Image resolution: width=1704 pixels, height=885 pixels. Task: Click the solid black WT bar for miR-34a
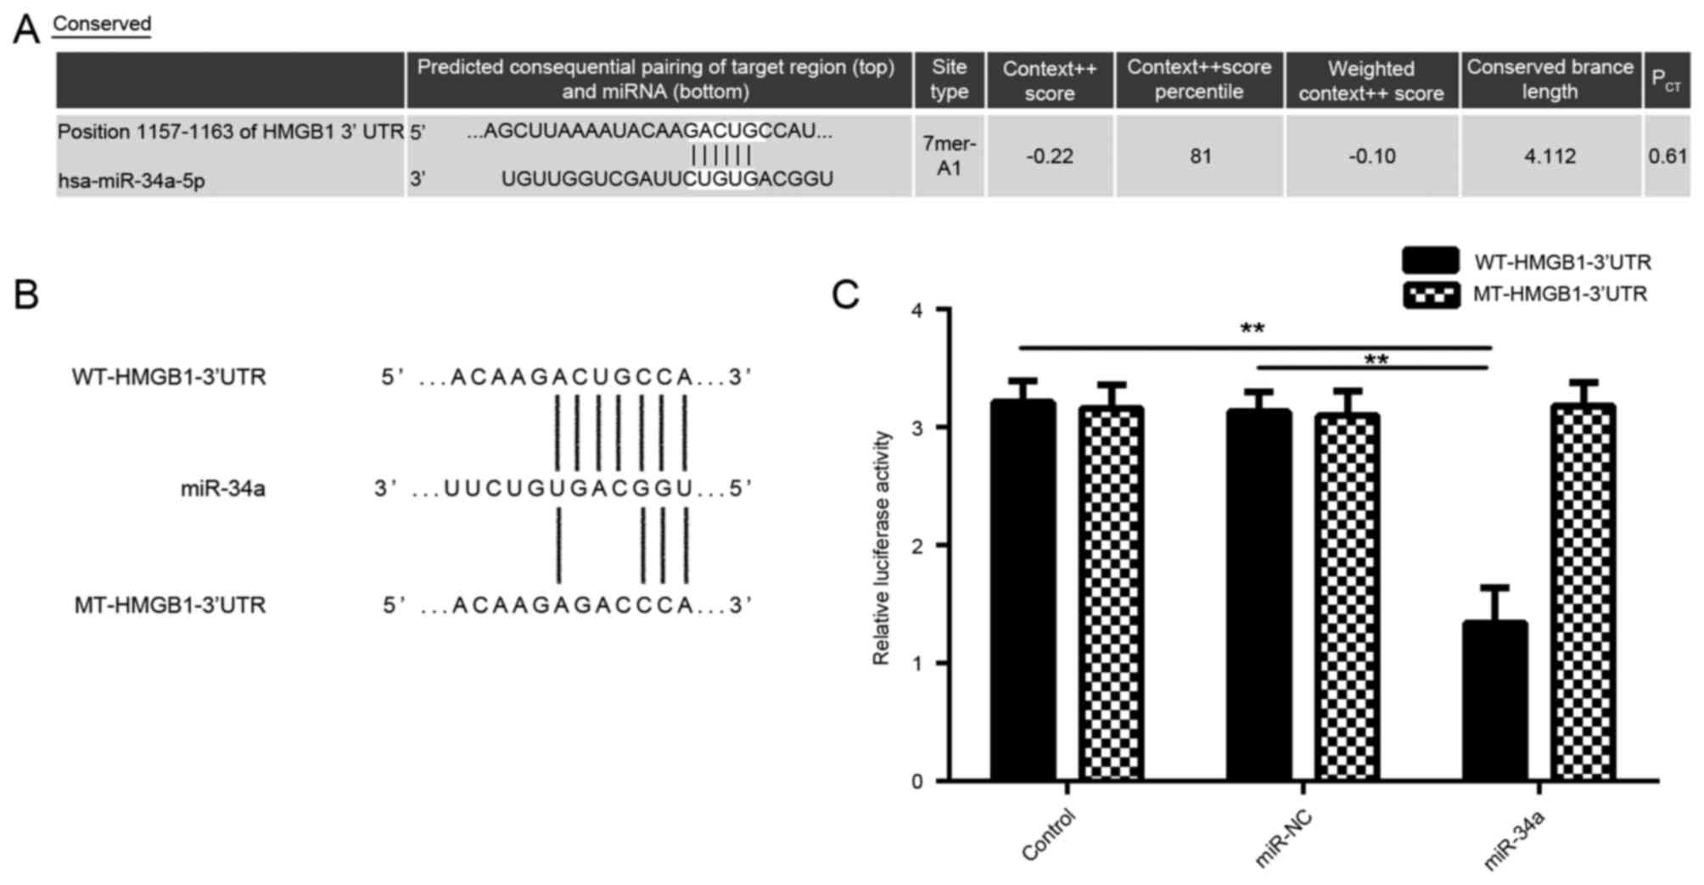1494,700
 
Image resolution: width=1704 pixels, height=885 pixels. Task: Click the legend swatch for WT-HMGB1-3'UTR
1431,260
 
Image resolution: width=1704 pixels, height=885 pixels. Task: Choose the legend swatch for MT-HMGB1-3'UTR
1431,294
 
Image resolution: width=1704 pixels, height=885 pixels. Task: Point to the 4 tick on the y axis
916,311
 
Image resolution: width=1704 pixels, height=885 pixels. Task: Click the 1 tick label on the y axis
916,664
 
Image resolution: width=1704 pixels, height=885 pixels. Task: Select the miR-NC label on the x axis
1283,838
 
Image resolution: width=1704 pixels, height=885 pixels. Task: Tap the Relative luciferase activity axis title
882,547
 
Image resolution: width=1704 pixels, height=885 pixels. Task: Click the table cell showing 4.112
1550,157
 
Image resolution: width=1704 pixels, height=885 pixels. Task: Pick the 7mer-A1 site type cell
949,156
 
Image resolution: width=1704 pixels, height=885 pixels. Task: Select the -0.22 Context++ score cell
1050,157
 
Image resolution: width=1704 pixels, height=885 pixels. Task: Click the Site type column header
949,79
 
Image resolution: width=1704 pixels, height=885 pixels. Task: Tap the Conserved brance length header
1550,79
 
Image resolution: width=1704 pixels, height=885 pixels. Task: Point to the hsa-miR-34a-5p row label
132,181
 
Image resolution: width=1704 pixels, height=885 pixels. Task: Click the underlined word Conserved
102,24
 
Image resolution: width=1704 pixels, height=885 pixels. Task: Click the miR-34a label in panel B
222,489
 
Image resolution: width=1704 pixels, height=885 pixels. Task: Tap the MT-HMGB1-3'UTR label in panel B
170,606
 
